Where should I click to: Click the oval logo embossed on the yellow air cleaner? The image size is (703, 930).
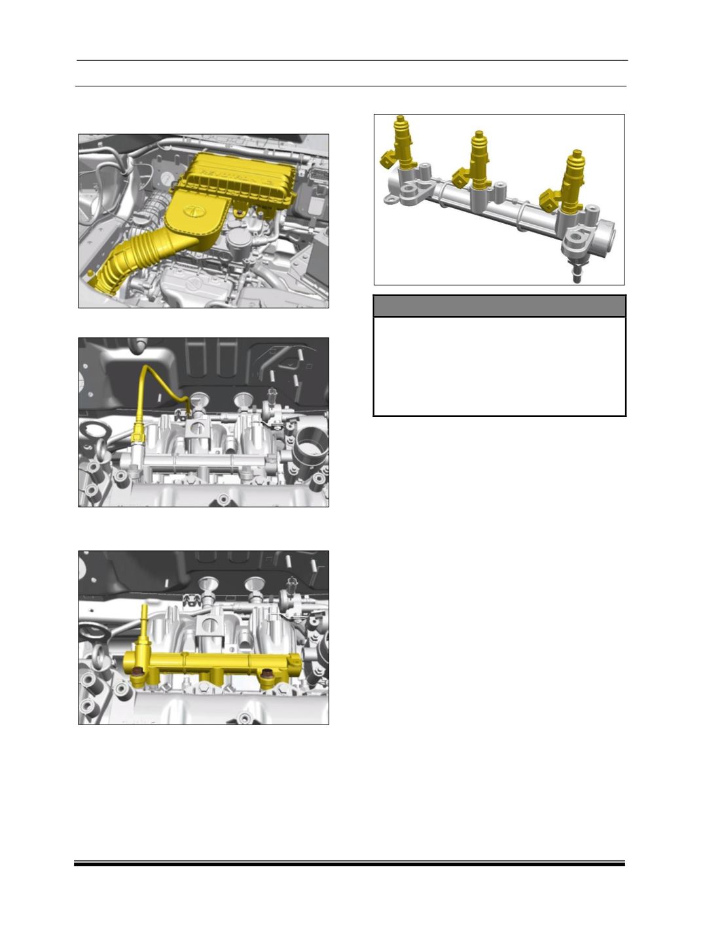pyautogui.click(x=194, y=211)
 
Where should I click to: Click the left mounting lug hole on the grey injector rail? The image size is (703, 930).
pyautogui.click(x=412, y=192)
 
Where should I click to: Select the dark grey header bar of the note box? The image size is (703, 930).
pyautogui.click(x=499, y=306)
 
